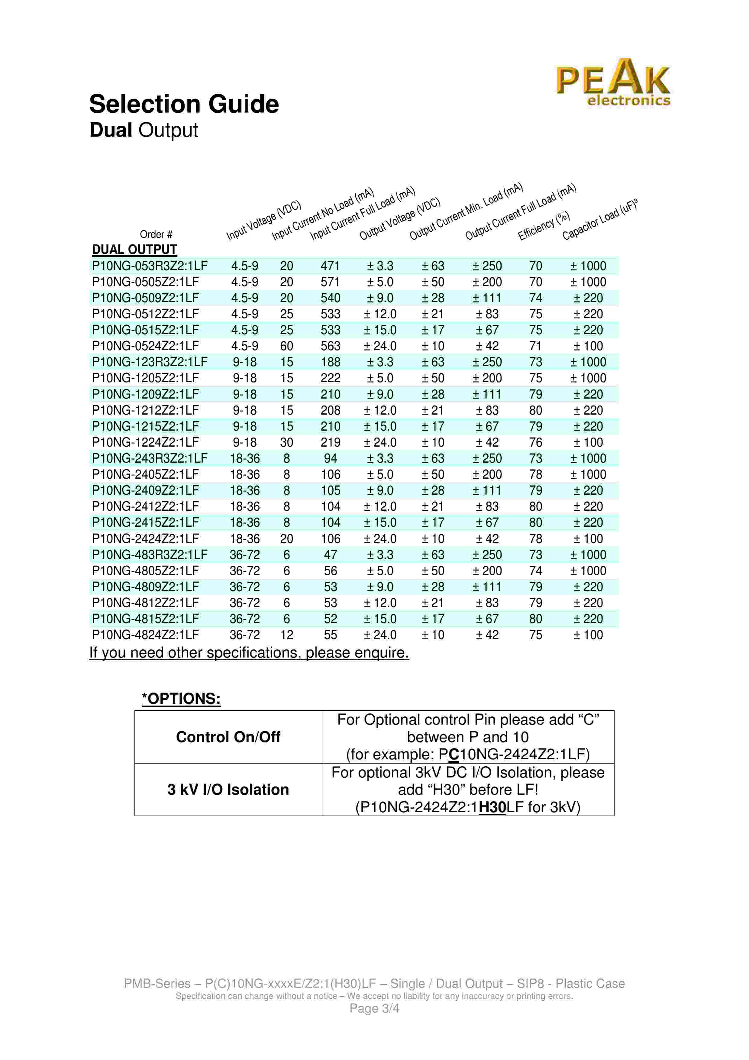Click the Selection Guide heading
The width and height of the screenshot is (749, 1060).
coord(184,104)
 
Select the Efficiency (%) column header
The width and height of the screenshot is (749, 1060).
coord(544,225)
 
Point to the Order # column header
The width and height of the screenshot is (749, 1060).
coord(156,234)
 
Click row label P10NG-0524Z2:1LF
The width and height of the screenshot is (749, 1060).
coord(145,346)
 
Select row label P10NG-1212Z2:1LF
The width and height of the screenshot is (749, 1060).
coord(145,410)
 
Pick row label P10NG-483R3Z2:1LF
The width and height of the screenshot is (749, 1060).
coord(150,554)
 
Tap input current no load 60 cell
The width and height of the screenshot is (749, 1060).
coord(287,346)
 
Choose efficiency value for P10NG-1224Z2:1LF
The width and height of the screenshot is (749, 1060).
coord(535,442)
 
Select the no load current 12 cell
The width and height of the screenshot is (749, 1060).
coord(287,635)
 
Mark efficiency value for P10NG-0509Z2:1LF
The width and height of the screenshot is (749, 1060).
coord(535,298)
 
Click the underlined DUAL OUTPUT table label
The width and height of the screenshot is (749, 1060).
coord(134,250)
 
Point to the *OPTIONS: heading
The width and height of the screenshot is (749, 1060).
coord(181,699)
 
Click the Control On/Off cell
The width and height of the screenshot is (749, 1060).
coord(228,737)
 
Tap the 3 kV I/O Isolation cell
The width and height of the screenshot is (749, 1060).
coord(228,790)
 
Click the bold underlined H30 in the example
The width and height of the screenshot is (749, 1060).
coord(492,807)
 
